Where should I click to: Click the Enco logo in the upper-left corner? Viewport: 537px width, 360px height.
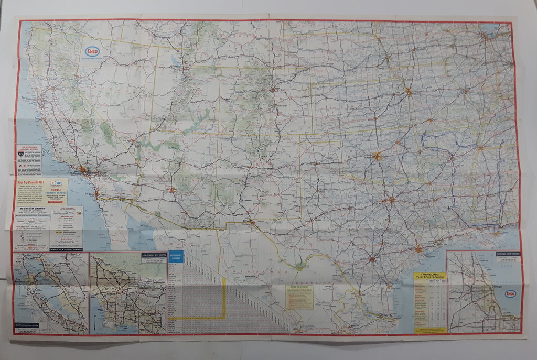pos(92,51)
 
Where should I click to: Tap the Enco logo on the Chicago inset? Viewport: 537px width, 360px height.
pos(510,293)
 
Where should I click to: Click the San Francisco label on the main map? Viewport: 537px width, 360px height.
pos(30,98)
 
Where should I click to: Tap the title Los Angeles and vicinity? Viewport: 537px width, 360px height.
pos(153,256)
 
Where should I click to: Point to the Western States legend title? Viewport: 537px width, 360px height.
pos(33,209)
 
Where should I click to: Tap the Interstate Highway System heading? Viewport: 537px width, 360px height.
pos(28,149)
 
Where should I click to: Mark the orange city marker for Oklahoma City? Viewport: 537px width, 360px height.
pos(377,156)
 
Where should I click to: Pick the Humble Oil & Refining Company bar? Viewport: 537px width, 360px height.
pos(66,248)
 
